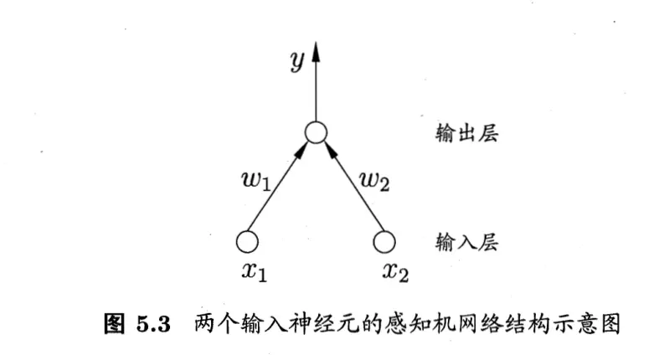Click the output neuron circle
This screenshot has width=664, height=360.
pos(315,132)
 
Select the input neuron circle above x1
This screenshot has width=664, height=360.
pos(247,242)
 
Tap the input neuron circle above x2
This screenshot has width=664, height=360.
pos(383,242)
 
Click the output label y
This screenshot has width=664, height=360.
pos(296,63)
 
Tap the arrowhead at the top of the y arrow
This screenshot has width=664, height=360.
pos(315,53)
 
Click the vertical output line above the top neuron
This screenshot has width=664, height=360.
pos(315,92)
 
